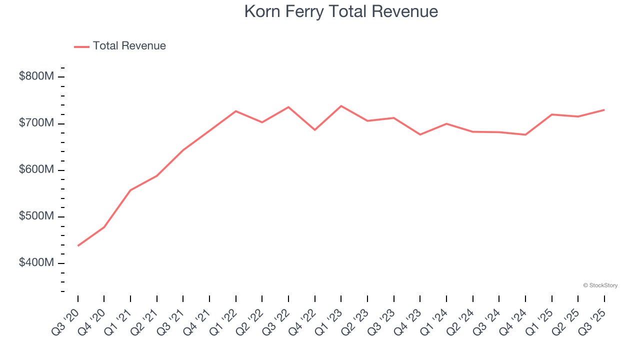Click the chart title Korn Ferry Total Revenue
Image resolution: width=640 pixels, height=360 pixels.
tap(341, 11)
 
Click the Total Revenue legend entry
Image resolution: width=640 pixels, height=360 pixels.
tap(120, 46)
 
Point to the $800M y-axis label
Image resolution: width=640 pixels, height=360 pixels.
tap(36, 76)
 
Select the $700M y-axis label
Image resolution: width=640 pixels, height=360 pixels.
tap(36, 123)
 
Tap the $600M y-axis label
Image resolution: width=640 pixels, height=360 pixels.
tap(36, 170)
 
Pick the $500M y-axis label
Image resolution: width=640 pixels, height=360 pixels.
tap(36, 216)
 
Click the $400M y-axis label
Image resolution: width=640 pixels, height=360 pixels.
tap(36, 263)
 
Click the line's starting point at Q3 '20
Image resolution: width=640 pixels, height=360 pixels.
tap(78, 245)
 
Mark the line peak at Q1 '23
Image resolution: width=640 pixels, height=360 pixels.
tap(341, 106)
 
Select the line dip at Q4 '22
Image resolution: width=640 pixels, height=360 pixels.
tap(315, 130)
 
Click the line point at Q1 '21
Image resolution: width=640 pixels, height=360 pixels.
tap(130, 190)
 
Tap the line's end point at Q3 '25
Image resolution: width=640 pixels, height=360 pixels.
tap(604, 110)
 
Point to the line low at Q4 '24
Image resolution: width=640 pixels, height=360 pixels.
tap(525, 134)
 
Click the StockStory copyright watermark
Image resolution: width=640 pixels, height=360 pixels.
tap(600, 285)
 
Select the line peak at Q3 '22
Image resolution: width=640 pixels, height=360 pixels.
tap(288, 107)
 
